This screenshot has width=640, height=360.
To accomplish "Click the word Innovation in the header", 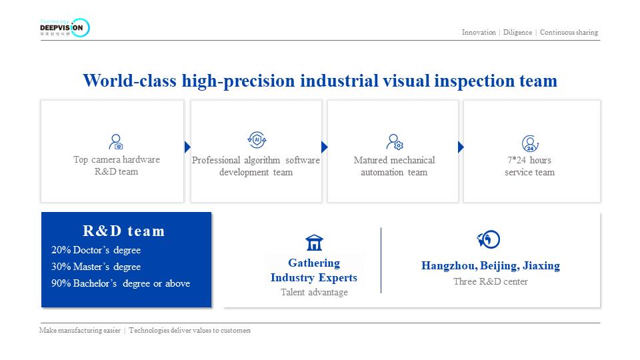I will click(479, 32).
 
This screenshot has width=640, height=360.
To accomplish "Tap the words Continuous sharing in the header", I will click(569, 32).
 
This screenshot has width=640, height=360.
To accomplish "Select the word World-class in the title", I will click(130, 81).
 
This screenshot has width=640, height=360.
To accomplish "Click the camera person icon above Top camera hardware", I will click(116, 142).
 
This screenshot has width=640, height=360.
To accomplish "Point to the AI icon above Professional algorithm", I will click(257, 140).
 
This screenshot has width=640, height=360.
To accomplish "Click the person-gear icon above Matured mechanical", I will click(394, 142).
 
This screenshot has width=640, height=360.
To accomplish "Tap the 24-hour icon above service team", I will click(529, 143).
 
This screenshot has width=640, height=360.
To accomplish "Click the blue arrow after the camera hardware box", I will click(187, 147).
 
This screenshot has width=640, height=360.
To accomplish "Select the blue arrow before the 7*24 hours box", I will click(461, 147).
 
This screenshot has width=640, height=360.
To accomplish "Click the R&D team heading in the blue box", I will click(123, 231).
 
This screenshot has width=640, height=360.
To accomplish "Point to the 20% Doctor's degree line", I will click(96, 250).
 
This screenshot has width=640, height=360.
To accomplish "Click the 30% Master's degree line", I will click(96, 267).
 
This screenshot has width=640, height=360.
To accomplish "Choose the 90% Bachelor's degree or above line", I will click(121, 283).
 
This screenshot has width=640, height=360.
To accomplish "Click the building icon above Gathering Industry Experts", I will click(314, 242).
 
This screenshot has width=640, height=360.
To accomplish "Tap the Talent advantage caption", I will click(314, 292).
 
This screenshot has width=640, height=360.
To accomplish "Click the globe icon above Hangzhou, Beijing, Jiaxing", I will click(489, 239).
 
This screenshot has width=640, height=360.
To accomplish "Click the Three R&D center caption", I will click(491, 281).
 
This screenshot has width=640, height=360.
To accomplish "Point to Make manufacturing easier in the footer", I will click(81, 330).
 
